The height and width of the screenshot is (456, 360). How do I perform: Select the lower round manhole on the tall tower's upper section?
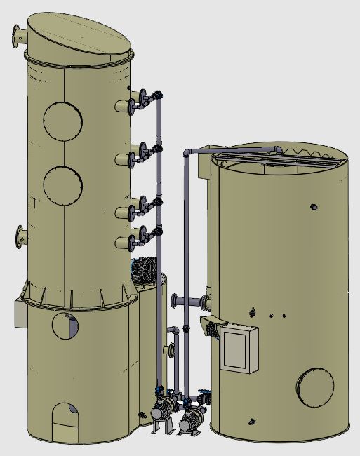tap(62, 185)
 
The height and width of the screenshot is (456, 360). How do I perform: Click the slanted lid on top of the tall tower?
tap(79, 37)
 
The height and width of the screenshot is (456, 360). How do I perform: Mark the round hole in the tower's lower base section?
tap(65, 326)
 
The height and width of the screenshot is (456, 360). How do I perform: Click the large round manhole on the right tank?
tap(315, 387)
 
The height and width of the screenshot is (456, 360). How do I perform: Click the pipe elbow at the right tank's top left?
tap(187, 154)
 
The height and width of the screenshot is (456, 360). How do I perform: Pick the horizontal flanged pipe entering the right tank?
tap(188, 302)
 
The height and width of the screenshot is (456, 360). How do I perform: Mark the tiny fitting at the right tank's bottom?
tap(251, 422)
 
